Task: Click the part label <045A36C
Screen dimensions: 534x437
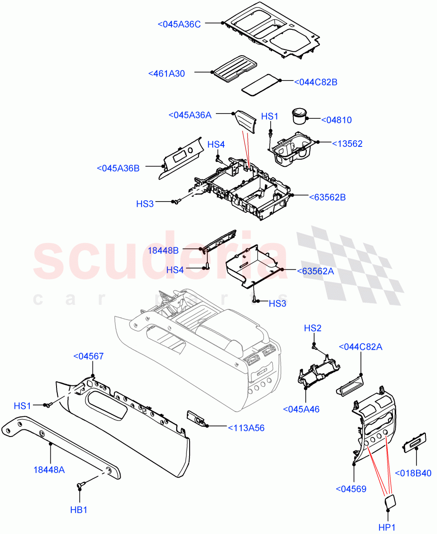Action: coord(179,24)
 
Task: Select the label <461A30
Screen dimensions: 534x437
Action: coord(166,74)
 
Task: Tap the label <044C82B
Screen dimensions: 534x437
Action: coord(316,82)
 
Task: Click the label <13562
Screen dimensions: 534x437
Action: coord(347,144)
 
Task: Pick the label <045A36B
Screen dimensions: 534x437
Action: coord(118,168)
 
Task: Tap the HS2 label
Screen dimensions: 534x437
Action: coord(312,328)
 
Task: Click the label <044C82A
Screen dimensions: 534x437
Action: coord(360,347)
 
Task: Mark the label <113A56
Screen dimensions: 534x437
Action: coord(246,428)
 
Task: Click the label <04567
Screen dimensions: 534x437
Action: coord(89,356)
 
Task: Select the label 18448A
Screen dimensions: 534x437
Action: coord(49,469)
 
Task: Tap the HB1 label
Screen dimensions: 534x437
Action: coord(79,510)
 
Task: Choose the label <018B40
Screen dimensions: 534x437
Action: coord(413,473)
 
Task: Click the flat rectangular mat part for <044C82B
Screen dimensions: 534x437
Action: coord(260,84)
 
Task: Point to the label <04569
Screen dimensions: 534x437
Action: coord(351,489)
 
